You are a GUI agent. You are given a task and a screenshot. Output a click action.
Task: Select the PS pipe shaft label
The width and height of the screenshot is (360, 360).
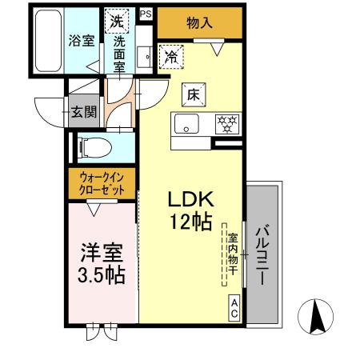pyautogui.click(x=145, y=14)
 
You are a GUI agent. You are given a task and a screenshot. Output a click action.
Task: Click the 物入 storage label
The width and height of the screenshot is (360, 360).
pyautogui.click(x=198, y=23)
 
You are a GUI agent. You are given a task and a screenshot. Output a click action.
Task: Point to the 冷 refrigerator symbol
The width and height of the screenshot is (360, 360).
pyautogui.click(x=170, y=56)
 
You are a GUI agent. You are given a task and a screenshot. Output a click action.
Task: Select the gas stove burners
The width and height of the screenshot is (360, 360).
pyautogui.click(x=228, y=123)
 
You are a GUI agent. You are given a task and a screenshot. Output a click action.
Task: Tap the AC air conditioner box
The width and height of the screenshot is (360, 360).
pyautogui.click(x=234, y=307)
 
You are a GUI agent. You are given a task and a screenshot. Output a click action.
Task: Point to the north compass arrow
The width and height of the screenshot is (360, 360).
pyautogui.click(x=316, y=318)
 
